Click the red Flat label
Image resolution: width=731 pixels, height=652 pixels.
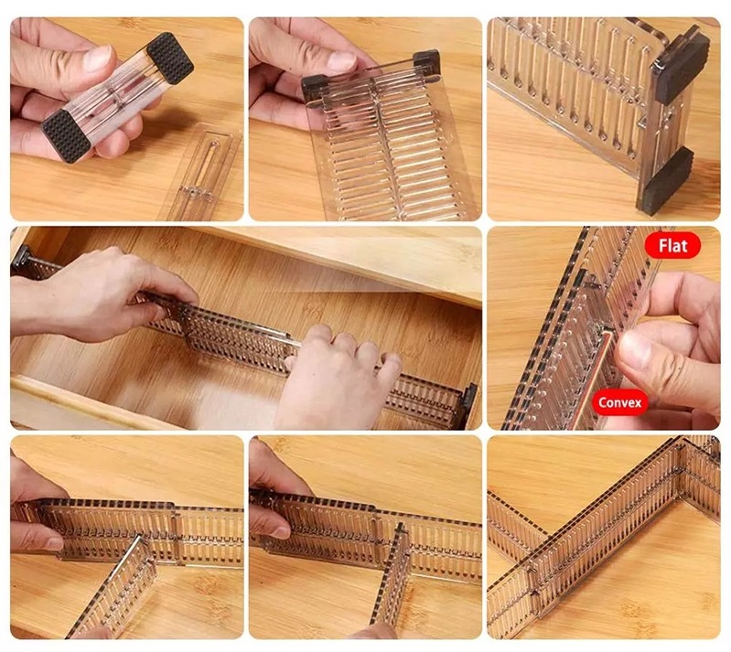coord(672,246)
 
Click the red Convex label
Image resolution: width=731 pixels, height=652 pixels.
coord(619,402)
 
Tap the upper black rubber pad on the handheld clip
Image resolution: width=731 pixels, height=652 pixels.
coord(170,58)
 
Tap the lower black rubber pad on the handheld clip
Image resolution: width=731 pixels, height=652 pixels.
coord(66,136)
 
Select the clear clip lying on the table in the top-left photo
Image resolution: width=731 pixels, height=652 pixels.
coord(201,174)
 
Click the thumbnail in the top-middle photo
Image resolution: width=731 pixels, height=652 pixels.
coord(341,60)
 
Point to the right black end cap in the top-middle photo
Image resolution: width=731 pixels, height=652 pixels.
coord(427,62)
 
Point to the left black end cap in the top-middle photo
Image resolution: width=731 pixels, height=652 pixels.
coord(314,89)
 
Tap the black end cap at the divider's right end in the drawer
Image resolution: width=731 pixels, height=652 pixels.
coord(469,405)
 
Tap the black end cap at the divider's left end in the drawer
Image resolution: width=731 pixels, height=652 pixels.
coord(21,258)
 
